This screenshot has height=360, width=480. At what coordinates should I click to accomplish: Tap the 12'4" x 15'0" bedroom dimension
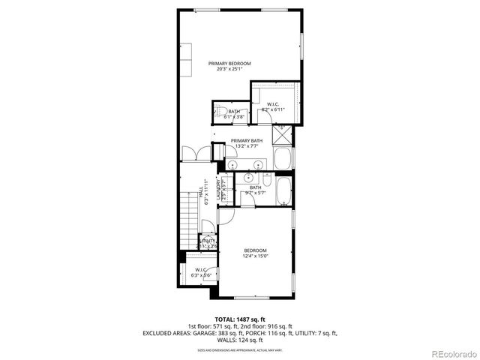pyautogui.click(x=254, y=256)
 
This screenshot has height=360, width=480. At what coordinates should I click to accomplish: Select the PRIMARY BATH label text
pyautogui.click(x=247, y=141)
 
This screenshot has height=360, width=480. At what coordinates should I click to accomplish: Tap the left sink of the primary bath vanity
pyautogui.click(x=234, y=163)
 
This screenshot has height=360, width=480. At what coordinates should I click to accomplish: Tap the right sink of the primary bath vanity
pyautogui.click(x=258, y=163)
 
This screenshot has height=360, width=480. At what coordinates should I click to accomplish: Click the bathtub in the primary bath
pyautogui.click(x=283, y=158)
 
